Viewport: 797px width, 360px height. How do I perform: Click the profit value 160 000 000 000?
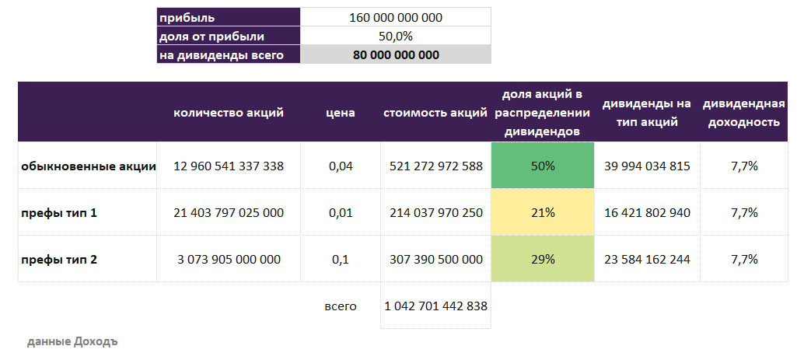pos(396,17)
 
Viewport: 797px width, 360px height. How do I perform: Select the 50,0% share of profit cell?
pos(396,36)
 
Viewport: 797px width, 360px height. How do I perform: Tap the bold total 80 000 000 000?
pos(396,55)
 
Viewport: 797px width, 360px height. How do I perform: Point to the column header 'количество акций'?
pos(229,113)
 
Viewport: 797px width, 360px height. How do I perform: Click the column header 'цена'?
pos(340,113)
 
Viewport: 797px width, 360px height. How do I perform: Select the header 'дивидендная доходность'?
pos(743,113)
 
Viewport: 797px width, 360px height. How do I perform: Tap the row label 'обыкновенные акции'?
pos(88,166)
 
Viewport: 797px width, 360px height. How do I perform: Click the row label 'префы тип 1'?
pos(59,212)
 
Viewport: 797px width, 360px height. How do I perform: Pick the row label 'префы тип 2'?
pos(59,259)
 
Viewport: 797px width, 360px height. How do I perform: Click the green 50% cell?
pos(543,166)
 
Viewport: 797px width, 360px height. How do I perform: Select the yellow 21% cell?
pos(543,212)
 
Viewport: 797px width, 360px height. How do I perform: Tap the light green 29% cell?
pos(543,259)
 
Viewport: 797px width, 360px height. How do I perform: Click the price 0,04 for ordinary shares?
pos(340,166)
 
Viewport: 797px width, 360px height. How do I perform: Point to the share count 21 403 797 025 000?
pos(229,212)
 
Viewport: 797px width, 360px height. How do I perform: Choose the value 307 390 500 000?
pos(435,259)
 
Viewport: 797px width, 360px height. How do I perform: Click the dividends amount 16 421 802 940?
pos(646,212)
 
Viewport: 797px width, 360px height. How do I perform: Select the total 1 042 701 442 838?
pos(435,306)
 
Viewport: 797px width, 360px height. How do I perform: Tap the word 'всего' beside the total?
pos(340,306)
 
